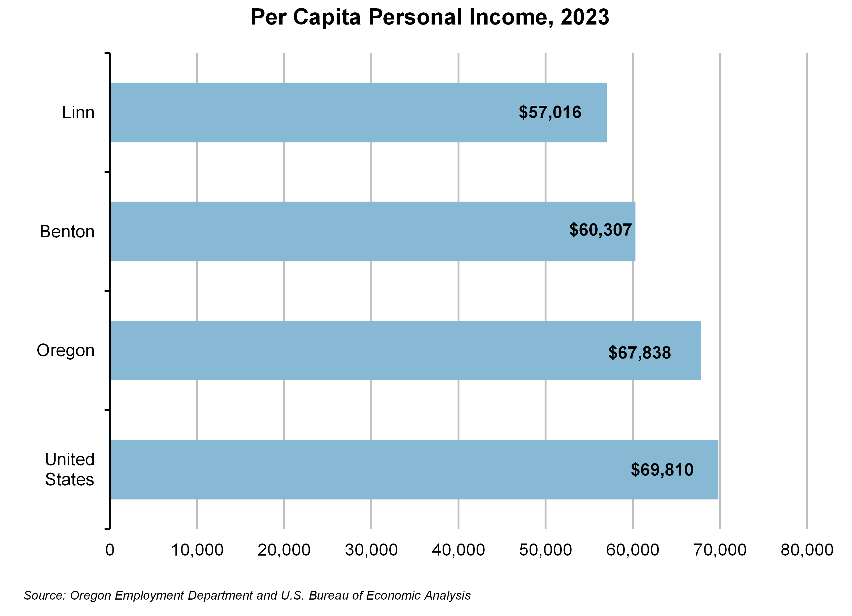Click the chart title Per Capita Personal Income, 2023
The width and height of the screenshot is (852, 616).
click(x=430, y=17)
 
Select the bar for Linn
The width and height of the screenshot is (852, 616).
click(x=357, y=113)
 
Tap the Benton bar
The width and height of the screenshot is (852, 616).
click(x=372, y=232)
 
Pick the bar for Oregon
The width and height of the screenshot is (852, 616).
click(x=406, y=351)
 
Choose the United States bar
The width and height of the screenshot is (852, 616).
click(x=413, y=470)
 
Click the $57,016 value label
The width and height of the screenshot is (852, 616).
click(x=550, y=112)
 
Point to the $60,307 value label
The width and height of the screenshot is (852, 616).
click(x=600, y=230)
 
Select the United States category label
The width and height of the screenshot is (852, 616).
click(x=70, y=469)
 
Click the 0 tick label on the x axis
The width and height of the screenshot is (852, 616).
click(x=110, y=550)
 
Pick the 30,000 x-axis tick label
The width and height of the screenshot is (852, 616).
click(x=371, y=550)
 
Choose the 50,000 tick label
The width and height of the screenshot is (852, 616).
click(x=545, y=550)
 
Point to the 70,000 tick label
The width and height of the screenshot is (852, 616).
click(x=720, y=550)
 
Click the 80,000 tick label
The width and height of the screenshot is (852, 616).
click(x=807, y=550)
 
